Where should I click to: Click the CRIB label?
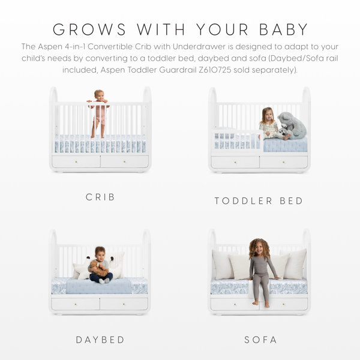click(x=100, y=197)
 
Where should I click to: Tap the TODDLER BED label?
click(x=259, y=201)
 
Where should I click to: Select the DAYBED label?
click(x=100, y=340)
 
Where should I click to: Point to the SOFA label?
click(x=260, y=340)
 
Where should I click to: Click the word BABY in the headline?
click(x=284, y=29)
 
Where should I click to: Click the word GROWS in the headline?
click(x=89, y=29)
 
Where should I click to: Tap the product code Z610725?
click(x=215, y=70)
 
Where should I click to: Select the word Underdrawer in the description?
click(x=199, y=47)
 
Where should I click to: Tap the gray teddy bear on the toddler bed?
click(x=292, y=126)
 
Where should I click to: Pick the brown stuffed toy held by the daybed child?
click(x=99, y=268)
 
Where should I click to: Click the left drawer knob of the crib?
click(x=76, y=162)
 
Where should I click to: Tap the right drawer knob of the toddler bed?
click(x=284, y=162)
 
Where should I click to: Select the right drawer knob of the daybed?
click(x=124, y=304)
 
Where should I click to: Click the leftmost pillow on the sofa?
click(x=222, y=265)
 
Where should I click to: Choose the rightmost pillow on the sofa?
click(x=296, y=264)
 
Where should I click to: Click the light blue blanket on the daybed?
click(x=99, y=286)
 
